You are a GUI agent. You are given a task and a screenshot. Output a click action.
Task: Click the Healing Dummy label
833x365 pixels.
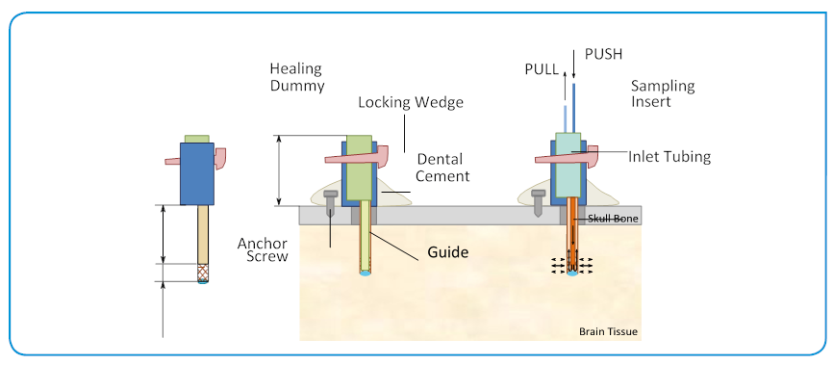(x=295, y=78)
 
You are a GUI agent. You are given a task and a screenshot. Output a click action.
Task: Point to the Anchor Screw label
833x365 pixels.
(x=263, y=249)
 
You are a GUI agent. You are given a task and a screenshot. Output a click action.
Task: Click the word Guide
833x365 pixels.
(x=448, y=252)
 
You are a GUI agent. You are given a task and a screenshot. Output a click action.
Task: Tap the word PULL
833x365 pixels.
(x=540, y=69)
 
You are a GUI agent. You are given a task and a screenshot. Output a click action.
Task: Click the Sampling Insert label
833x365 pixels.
(x=662, y=94)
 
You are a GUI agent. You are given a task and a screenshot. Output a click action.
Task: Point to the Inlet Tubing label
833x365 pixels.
(x=670, y=157)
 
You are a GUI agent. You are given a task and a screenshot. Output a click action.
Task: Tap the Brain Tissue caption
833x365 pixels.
(x=608, y=332)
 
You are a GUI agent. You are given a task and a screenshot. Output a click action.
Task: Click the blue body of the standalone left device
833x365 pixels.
(x=197, y=173)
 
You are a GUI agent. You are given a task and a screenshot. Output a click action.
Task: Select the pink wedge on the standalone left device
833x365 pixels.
(x=222, y=154)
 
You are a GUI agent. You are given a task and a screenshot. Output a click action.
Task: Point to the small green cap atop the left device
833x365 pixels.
(x=197, y=139)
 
